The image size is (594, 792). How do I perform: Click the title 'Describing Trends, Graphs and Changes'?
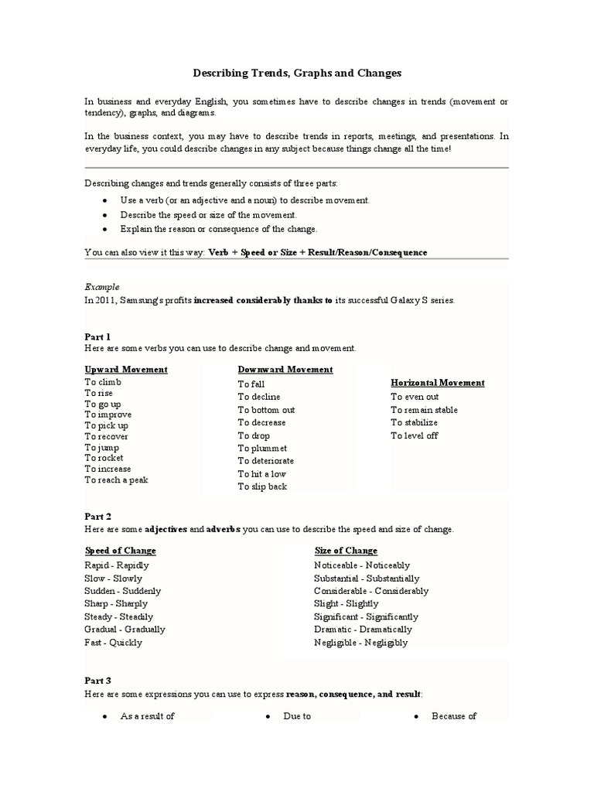pos(297,73)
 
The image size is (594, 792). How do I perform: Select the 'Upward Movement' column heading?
pos(125,370)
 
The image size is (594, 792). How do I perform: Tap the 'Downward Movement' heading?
pos(285,370)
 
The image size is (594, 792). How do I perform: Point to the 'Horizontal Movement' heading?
pos(438,383)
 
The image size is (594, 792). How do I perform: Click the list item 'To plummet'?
pos(262,449)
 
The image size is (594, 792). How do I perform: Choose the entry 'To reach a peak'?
pos(116,480)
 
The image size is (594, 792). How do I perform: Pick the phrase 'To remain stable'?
pos(424,410)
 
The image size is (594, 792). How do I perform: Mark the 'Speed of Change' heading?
pos(120,551)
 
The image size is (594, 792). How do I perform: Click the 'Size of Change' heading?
pos(346,551)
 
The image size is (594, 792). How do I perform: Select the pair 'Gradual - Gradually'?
pos(125,630)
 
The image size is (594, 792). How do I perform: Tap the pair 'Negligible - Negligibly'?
pos(360,643)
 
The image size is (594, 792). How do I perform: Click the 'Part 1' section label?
pos(97,336)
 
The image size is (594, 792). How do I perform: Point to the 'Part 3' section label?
pos(97,681)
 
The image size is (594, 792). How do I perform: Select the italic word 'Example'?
pos(101,286)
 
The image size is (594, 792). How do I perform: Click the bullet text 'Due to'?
pos(297,716)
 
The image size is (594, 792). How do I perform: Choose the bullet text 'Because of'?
pos(454,716)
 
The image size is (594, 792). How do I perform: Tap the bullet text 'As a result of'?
pos(147,716)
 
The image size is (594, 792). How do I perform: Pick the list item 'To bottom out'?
pos(266,410)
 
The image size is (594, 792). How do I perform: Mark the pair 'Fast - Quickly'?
pos(113,643)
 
